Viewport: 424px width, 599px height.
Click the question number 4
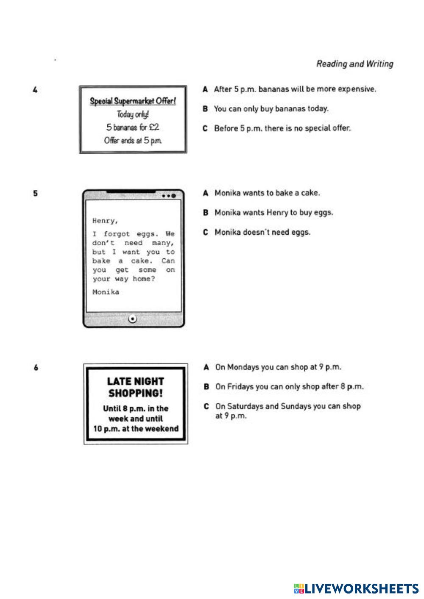[36, 90]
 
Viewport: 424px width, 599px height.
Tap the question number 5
[36, 194]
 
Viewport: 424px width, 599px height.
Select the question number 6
[36, 368]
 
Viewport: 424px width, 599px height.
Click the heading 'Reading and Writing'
[354, 64]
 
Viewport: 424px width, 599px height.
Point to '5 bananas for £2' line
[133, 127]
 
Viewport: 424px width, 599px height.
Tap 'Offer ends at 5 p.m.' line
[133, 140]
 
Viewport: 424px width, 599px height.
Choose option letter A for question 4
[205, 89]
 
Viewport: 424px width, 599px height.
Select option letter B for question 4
[205, 109]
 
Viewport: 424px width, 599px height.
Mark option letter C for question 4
[205, 128]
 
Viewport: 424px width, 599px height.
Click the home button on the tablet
[133, 319]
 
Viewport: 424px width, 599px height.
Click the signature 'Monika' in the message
[106, 292]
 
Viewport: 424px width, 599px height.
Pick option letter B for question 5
[206, 213]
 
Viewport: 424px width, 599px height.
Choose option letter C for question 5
[206, 232]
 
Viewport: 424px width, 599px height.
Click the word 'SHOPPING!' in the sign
[136, 393]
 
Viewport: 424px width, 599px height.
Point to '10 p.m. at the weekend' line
[136, 428]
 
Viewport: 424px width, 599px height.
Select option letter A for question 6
[206, 367]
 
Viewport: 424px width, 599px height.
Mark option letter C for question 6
[206, 406]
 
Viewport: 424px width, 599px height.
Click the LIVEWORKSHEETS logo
[356, 588]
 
